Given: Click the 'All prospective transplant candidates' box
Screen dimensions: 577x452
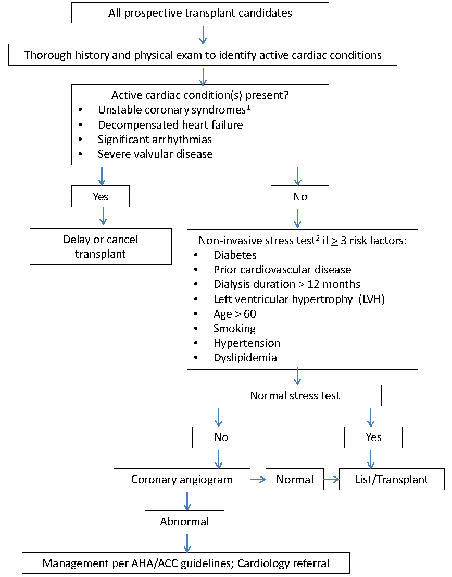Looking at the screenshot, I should click(x=200, y=13).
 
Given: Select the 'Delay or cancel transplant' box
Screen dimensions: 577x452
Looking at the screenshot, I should click(x=101, y=246).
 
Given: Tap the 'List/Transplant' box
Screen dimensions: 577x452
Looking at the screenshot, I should click(x=392, y=479).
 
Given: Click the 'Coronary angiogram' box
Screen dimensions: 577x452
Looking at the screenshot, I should click(x=182, y=479).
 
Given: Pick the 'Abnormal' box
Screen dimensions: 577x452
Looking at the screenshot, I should click(x=184, y=521).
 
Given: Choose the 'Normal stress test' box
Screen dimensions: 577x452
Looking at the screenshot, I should click(x=294, y=395).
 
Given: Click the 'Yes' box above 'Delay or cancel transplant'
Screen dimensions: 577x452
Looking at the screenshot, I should click(x=101, y=196).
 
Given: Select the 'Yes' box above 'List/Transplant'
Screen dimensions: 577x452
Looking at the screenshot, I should click(x=373, y=437).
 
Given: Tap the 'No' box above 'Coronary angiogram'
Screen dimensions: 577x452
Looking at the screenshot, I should click(x=221, y=437).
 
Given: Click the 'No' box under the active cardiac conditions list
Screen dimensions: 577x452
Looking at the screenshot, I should click(x=299, y=196).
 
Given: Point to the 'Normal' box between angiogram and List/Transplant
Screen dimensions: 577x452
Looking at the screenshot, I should click(x=295, y=479).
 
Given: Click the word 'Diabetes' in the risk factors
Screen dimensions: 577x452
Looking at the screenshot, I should click(x=235, y=255).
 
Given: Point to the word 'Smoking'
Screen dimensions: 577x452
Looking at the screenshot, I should click(x=234, y=329).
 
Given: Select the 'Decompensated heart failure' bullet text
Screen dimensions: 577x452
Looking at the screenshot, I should click(x=170, y=125).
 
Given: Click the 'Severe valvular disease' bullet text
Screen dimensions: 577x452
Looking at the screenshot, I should click(x=155, y=154).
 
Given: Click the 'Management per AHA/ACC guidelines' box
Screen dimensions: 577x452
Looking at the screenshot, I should click(x=185, y=563).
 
